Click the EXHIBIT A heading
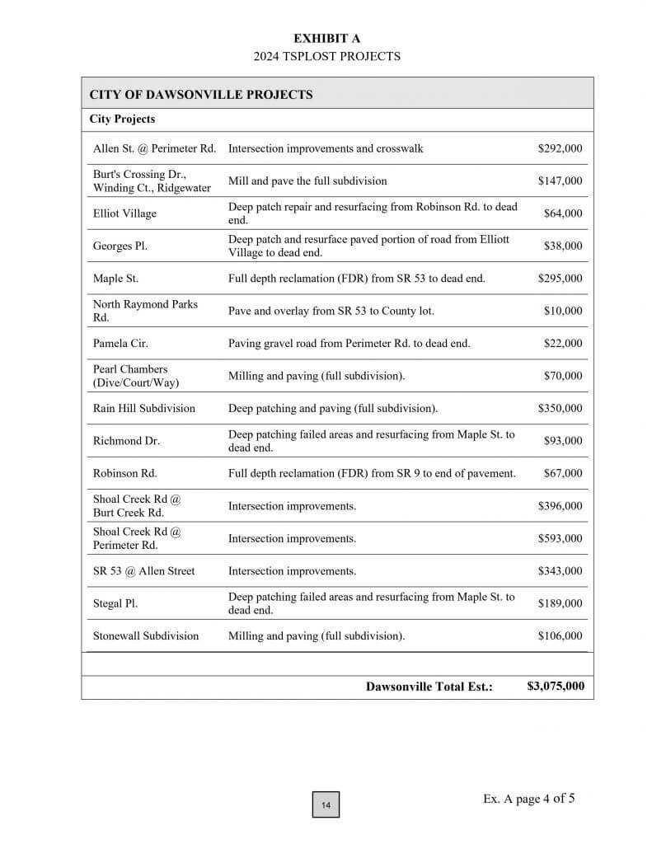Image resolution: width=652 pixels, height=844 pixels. click(x=326, y=38)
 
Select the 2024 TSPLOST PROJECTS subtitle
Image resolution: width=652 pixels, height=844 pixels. click(x=326, y=56)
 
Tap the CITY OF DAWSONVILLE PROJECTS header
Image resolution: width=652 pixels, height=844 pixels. click(x=200, y=95)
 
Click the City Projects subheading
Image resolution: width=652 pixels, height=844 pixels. click(x=122, y=120)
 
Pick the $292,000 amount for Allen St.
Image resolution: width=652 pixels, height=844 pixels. click(x=560, y=149)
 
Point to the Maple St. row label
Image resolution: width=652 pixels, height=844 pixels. click(x=115, y=279)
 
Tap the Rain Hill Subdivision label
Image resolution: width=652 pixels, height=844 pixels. click(x=144, y=409)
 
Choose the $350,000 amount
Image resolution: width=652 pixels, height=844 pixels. click(x=560, y=409)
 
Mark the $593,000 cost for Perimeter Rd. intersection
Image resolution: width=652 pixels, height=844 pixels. click(x=560, y=538)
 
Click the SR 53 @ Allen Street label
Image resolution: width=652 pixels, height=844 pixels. click(x=144, y=571)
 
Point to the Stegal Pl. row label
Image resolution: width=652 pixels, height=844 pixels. click(x=115, y=603)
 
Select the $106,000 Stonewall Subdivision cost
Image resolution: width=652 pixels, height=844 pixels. click(x=560, y=636)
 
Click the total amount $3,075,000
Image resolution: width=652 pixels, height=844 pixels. click(x=556, y=686)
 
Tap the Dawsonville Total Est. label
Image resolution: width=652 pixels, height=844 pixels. click(x=429, y=686)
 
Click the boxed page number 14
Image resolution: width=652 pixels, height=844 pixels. click(x=326, y=805)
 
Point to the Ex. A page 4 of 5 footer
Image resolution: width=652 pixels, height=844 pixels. click(x=528, y=799)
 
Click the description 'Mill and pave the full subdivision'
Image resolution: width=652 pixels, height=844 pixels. click(x=307, y=181)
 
